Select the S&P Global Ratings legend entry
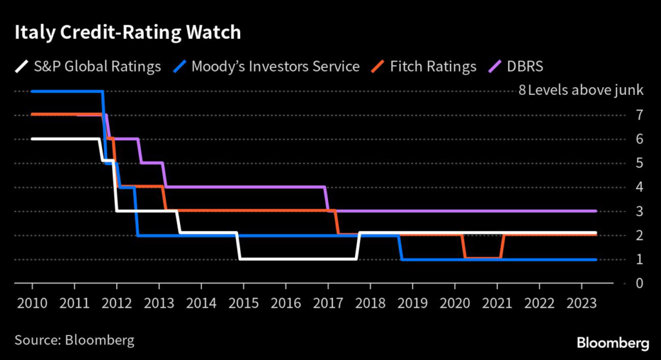pyautogui.click(x=88, y=66)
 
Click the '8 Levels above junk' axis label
pyautogui.click(x=581, y=90)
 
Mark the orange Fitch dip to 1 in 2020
pyautogui.click(x=482, y=258)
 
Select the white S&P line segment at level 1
pyautogui.click(x=297, y=259)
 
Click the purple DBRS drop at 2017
pyautogui.click(x=327, y=199)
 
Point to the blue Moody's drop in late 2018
pyautogui.click(x=400, y=248)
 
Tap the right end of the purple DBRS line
pyautogui.click(x=595, y=211)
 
